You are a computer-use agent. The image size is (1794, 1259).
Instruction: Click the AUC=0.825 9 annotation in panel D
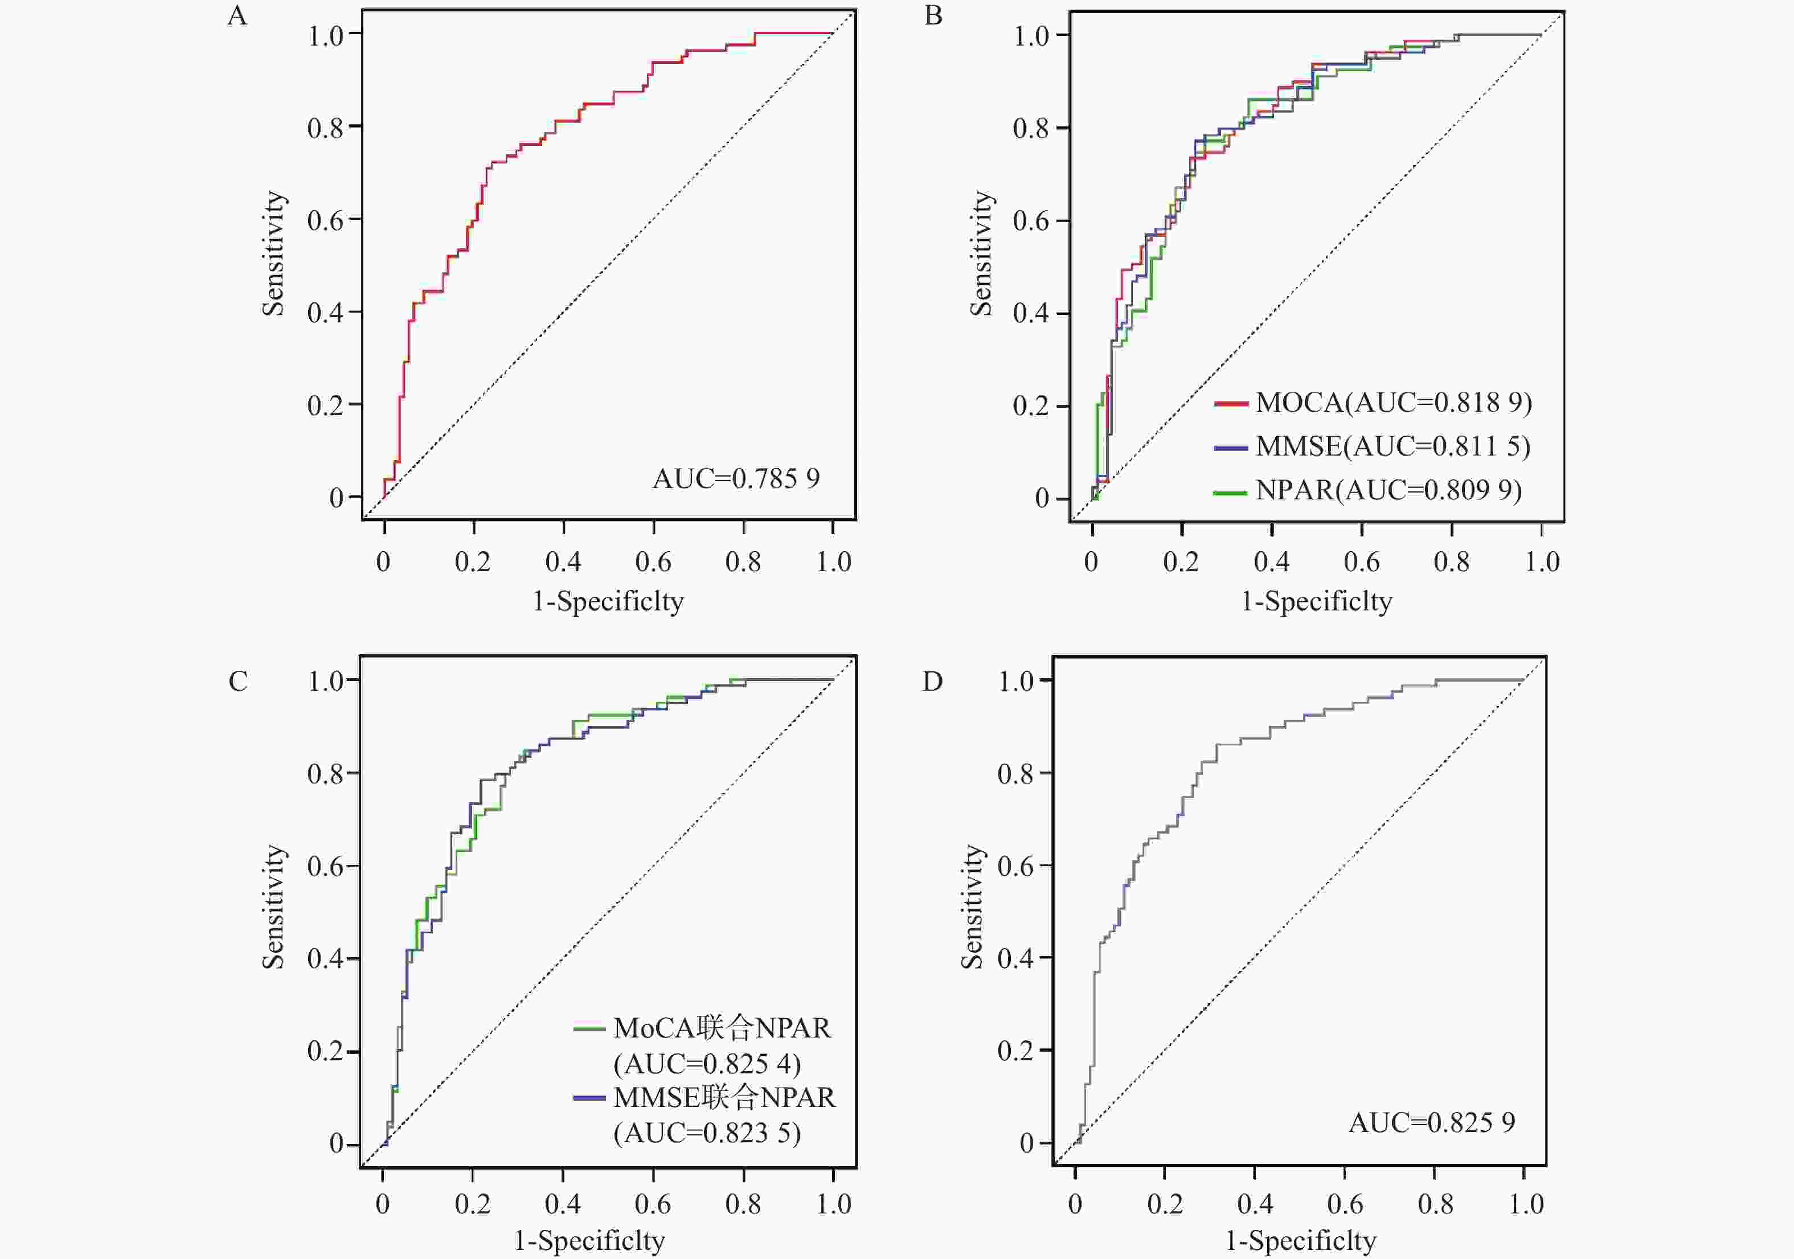pos(1432,1123)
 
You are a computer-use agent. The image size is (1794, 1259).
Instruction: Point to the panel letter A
pos(237,15)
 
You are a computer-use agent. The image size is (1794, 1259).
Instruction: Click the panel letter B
pos(933,15)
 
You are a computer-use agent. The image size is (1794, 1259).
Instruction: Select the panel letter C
pos(238,682)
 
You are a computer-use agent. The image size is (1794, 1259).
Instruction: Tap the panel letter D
pos(933,682)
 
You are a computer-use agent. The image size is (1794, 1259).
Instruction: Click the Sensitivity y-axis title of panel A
pos(273,254)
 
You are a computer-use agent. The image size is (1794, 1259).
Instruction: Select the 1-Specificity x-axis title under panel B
pos(1317,602)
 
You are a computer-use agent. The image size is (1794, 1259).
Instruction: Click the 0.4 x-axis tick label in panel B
pos(1271,561)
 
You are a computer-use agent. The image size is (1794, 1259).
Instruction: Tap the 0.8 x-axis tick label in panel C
pos(743,1204)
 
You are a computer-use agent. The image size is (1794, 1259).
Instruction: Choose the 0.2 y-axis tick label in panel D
pos(1015,1051)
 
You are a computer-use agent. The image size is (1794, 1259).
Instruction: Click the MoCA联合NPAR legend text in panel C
pos(722,1028)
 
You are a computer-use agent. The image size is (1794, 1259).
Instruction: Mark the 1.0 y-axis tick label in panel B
pos(1031,36)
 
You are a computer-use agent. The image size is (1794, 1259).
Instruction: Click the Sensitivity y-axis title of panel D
pos(972,908)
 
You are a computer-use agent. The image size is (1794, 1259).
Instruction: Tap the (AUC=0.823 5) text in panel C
pos(707,1133)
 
